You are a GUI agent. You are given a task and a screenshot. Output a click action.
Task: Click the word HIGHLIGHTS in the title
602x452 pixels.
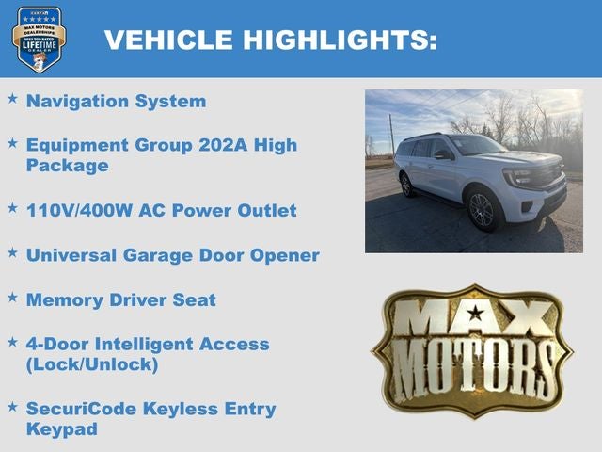pos(341,40)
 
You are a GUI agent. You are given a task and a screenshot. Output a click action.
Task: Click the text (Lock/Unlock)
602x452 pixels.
pos(92,363)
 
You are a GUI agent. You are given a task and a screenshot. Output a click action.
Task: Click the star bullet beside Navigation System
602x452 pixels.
pos(12,98)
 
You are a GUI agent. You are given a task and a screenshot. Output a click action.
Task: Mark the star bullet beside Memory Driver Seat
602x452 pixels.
pos(12,298)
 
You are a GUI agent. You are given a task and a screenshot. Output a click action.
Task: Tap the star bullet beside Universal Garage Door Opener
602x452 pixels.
pos(12,252)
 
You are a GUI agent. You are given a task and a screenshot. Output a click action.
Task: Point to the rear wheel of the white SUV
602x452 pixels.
pos(406,186)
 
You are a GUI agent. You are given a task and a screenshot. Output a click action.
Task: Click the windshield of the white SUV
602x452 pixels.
pos(475,146)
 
